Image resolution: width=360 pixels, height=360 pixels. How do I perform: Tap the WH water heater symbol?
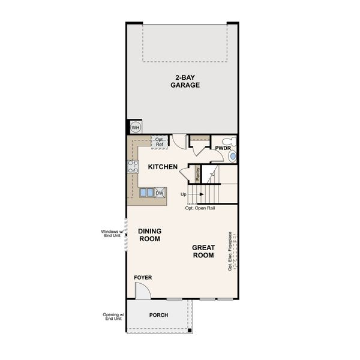coord(135,128)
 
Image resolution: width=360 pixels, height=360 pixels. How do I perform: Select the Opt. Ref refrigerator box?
coord(159,143)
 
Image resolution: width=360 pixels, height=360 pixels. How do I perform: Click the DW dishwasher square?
coord(160,193)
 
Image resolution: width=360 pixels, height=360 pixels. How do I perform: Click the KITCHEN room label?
coord(163,166)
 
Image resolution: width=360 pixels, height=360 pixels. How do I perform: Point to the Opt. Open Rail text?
coord(200,208)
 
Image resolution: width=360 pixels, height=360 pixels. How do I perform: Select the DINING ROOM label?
coord(149,235)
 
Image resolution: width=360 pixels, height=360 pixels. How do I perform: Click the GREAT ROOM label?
coord(203,251)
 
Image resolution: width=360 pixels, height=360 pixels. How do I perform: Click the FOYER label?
coord(143,277)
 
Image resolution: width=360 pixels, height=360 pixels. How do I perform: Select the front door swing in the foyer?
coord(143,291)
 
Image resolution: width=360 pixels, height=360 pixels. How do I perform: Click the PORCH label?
coord(159,315)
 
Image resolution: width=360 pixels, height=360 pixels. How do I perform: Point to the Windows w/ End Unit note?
coord(112,234)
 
